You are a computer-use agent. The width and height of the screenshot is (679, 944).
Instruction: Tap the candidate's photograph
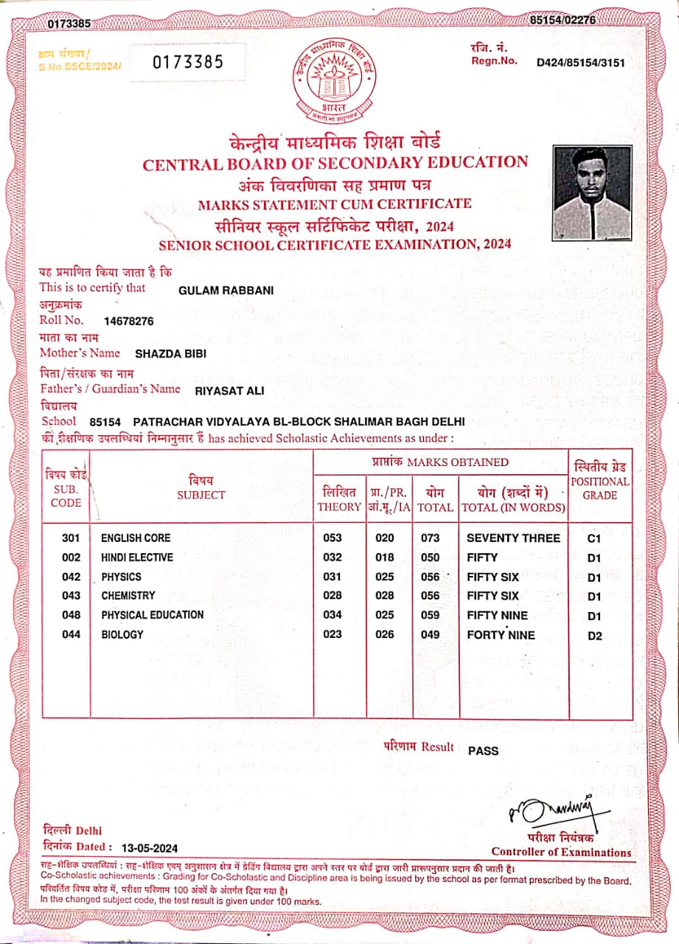pyautogui.click(x=592, y=193)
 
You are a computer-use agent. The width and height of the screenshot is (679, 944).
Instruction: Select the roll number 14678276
pyautogui.click(x=129, y=321)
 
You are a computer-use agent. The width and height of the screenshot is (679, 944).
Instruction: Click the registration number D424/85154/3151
pyautogui.click(x=581, y=62)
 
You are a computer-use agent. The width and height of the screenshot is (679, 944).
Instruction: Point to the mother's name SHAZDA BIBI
pyautogui.click(x=170, y=354)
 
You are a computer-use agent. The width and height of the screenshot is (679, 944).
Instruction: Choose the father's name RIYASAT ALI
pyautogui.click(x=229, y=390)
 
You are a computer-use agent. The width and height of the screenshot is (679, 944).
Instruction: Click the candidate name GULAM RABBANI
pyautogui.click(x=226, y=291)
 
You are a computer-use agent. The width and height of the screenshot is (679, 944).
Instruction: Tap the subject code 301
pyautogui.click(x=71, y=538)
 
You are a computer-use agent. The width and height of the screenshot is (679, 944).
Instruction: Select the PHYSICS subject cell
pyautogui.click(x=121, y=577)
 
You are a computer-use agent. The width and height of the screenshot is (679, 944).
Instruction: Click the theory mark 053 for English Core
pyautogui.click(x=332, y=538)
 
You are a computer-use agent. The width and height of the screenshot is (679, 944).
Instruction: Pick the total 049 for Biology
pyautogui.click(x=431, y=635)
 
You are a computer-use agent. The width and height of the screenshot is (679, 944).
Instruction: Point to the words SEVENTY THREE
pyautogui.click(x=513, y=538)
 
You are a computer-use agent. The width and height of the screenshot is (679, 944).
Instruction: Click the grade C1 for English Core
pyautogui.click(x=595, y=539)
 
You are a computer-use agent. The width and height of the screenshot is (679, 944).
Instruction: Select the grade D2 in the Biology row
pyautogui.click(x=595, y=636)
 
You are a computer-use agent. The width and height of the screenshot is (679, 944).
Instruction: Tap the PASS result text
pyautogui.click(x=484, y=751)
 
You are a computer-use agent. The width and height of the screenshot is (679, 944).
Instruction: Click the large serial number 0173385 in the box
pyautogui.click(x=188, y=63)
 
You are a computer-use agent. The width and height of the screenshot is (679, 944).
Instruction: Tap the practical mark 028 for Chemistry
pyautogui.click(x=385, y=596)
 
